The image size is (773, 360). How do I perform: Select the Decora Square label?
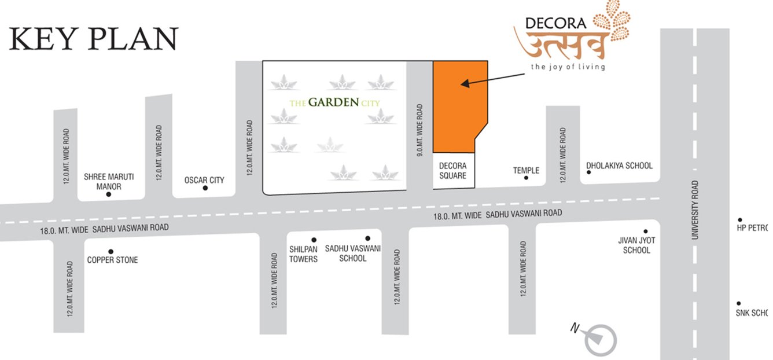coord(452,171)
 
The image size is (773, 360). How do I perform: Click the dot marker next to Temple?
coord(526,178)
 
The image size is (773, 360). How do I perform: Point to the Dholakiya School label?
coord(619,166)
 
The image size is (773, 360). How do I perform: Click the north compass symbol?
coord(599,339)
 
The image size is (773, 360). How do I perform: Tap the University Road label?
coord(695,210)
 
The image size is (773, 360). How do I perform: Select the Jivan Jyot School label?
coord(636,245)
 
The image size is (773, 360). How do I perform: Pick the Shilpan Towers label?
coord(304,254)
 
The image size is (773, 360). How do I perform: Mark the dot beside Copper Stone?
coord(111,251)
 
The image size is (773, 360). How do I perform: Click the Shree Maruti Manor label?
coord(109,181)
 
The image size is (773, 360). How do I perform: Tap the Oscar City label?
coord(204,180)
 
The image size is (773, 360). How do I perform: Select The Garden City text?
coord(338,103)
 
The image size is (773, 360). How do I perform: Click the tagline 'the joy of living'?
coord(568,67)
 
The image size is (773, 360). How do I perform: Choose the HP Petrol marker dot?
coord(739,219)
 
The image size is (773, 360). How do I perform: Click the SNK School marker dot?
coord(739,303)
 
